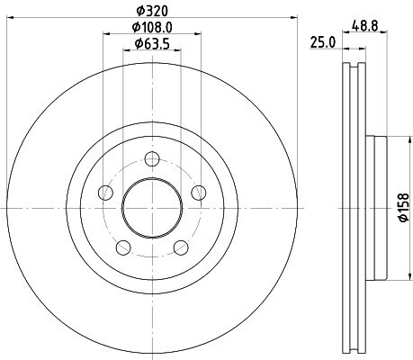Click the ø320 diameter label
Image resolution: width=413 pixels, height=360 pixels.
point(152,12)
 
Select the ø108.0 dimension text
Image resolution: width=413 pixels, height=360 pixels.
point(152,28)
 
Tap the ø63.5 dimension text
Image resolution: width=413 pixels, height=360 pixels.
point(152,44)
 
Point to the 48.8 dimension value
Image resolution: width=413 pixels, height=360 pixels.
point(365,27)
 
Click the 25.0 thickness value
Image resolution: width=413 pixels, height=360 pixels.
point(322,42)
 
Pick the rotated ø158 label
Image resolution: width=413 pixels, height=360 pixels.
point(404,208)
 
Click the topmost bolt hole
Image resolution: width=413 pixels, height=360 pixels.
point(152,159)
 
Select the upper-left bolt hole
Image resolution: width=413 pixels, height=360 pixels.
point(106,193)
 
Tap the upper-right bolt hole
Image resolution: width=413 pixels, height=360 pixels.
point(199,193)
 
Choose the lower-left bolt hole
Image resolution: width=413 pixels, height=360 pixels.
point(123,247)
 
